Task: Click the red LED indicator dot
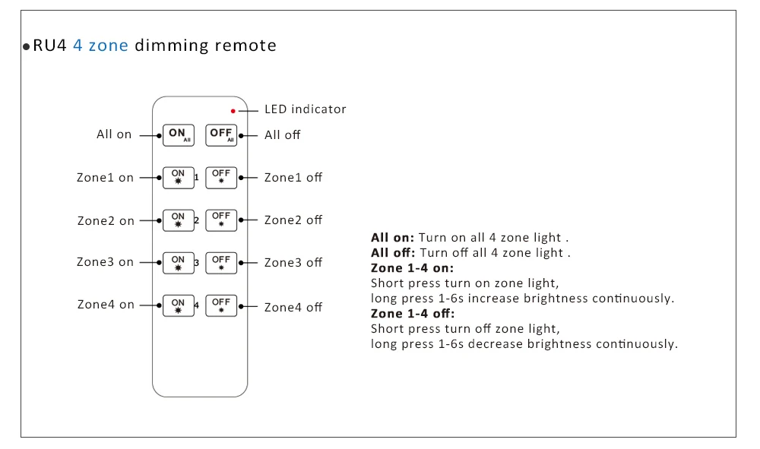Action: pos(233,111)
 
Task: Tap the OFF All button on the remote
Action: pos(221,135)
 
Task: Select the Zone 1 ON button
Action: pos(179,178)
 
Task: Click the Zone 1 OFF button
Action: pos(221,178)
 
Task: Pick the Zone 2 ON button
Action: pos(179,220)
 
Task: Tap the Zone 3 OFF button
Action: pos(221,263)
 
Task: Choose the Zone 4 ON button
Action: pos(179,305)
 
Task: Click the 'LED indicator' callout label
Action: pos(306,109)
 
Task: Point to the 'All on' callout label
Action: pos(114,134)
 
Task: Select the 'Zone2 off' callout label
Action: pos(293,220)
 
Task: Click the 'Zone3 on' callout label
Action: pos(105,262)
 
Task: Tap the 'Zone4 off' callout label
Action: pos(293,307)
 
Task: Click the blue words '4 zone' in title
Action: pos(101,46)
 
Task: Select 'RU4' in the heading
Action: pos(49,46)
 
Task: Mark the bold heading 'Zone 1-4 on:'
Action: pos(413,268)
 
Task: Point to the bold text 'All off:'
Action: pos(393,253)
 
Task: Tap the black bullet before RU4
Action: pos(26,47)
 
